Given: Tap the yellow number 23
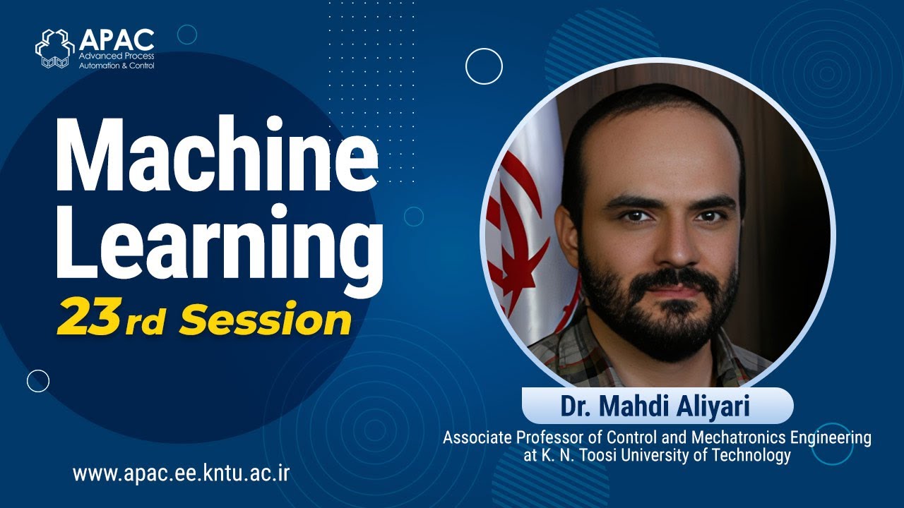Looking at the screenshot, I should tap(88, 317).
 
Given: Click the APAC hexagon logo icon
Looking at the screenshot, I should tap(55, 49).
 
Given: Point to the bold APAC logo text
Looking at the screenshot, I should tap(117, 38).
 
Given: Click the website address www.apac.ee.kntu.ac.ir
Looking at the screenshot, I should tap(181, 473).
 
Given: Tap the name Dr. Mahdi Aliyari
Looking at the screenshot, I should tap(657, 406).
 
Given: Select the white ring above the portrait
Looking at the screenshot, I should tap(484, 66).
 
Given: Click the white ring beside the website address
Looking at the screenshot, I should tap(38, 381).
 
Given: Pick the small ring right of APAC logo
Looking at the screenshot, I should tap(187, 35).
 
